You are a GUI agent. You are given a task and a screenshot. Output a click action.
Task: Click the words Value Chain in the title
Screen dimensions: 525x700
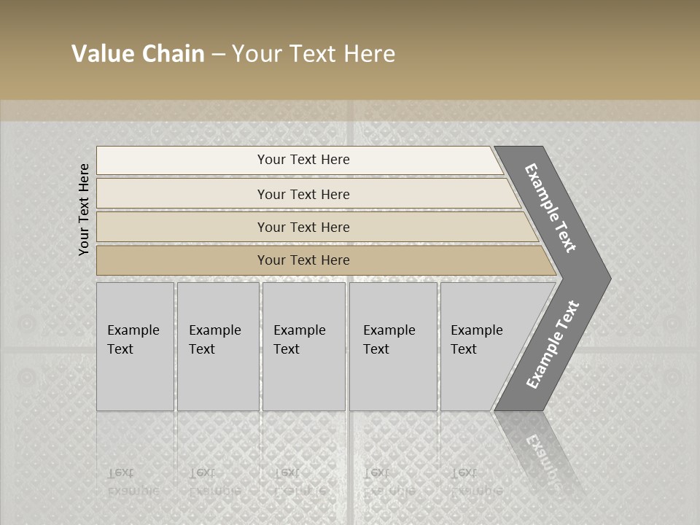click(138, 54)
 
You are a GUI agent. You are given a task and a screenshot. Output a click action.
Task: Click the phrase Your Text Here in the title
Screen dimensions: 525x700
click(314, 54)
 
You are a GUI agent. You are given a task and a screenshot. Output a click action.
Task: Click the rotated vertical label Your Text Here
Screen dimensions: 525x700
click(84, 209)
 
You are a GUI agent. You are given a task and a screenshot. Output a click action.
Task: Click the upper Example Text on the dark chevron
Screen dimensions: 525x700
click(551, 208)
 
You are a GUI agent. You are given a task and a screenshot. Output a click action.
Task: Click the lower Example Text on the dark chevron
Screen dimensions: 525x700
click(553, 345)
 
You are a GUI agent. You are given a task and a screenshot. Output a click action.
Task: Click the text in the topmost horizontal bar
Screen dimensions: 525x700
click(303, 160)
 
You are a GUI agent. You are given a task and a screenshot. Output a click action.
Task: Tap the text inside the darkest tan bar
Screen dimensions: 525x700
click(303, 260)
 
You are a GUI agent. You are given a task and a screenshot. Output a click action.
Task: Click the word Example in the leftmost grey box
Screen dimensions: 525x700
click(133, 330)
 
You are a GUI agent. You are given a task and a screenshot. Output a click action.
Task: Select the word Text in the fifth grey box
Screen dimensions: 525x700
click(464, 349)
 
